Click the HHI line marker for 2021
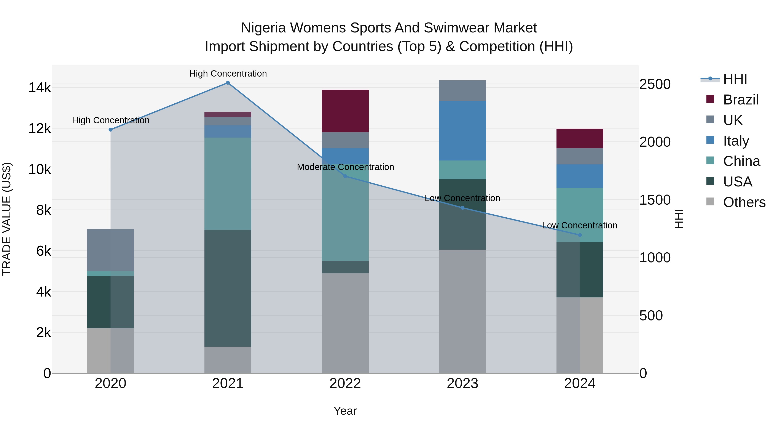228,83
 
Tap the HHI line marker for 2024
580,235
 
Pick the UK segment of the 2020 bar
110,250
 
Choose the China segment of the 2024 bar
580,215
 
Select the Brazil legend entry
740,100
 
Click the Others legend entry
744,202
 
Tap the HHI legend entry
735,79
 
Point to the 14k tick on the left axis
40,88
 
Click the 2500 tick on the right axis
655,84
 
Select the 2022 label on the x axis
345,383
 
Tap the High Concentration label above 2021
228,74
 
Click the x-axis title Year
345,411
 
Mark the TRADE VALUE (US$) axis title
7,219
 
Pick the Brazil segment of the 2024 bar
580,138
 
